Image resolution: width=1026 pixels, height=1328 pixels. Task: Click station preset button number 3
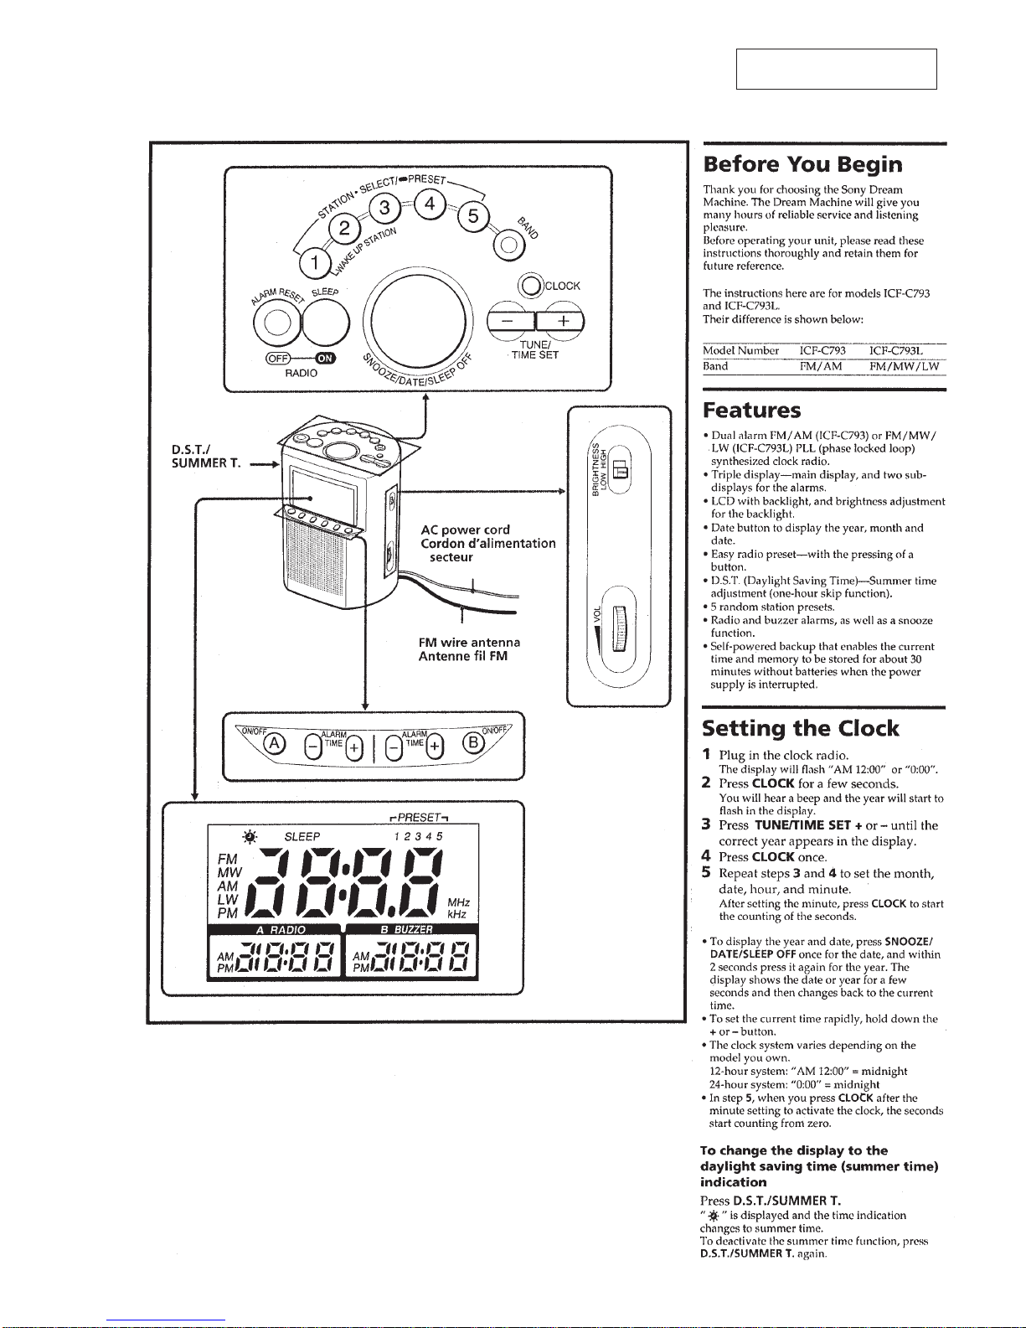(x=384, y=209)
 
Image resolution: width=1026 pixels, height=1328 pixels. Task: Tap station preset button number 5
(x=473, y=216)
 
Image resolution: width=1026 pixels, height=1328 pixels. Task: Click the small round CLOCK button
(x=531, y=286)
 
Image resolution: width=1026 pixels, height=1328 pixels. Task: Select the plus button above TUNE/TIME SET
(x=560, y=320)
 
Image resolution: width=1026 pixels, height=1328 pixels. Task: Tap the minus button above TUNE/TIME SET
(x=511, y=320)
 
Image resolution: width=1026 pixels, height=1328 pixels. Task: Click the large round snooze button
(x=418, y=320)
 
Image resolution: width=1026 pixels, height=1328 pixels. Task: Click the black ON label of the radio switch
(x=326, y=359)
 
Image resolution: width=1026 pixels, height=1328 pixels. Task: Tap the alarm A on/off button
(x=274, y=744)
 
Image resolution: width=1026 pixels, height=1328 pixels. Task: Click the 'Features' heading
(x=751, y=410)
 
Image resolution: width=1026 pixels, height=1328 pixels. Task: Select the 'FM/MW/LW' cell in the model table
(x=904, y=366)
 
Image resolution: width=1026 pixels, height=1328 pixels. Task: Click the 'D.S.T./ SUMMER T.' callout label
(x=206, y=457)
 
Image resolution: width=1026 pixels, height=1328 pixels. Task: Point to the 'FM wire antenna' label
(x=469, y=643)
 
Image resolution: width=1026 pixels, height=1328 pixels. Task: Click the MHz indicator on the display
(x=458, y=902)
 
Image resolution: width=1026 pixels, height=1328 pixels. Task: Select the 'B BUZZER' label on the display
(x=406, y=929)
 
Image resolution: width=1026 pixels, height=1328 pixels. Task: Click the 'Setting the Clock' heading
(x=800, y=728)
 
